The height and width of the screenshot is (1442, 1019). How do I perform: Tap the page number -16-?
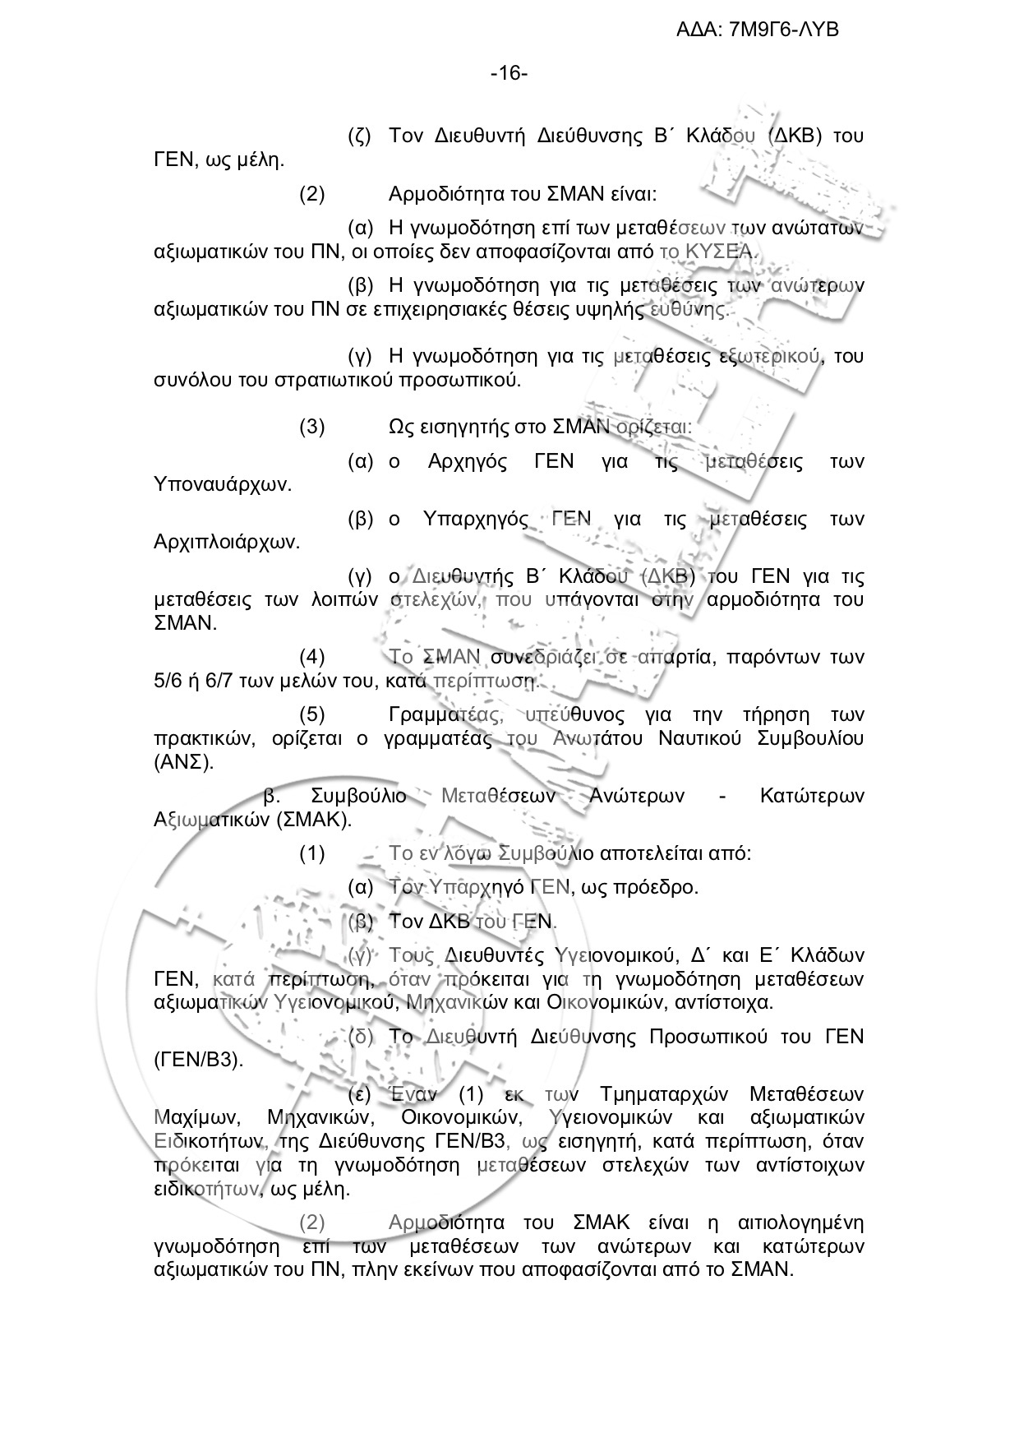point(509,74)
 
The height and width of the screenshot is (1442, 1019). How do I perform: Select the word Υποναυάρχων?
point(223,484)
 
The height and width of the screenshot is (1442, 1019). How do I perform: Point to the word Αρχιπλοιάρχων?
point(227,543)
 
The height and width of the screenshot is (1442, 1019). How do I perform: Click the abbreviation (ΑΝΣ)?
point(183,761)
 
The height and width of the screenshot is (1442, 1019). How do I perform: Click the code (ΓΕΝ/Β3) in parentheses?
point(199,1060)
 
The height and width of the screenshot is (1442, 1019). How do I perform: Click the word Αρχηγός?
point(468,461)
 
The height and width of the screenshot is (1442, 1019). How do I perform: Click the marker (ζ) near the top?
point(361,136)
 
